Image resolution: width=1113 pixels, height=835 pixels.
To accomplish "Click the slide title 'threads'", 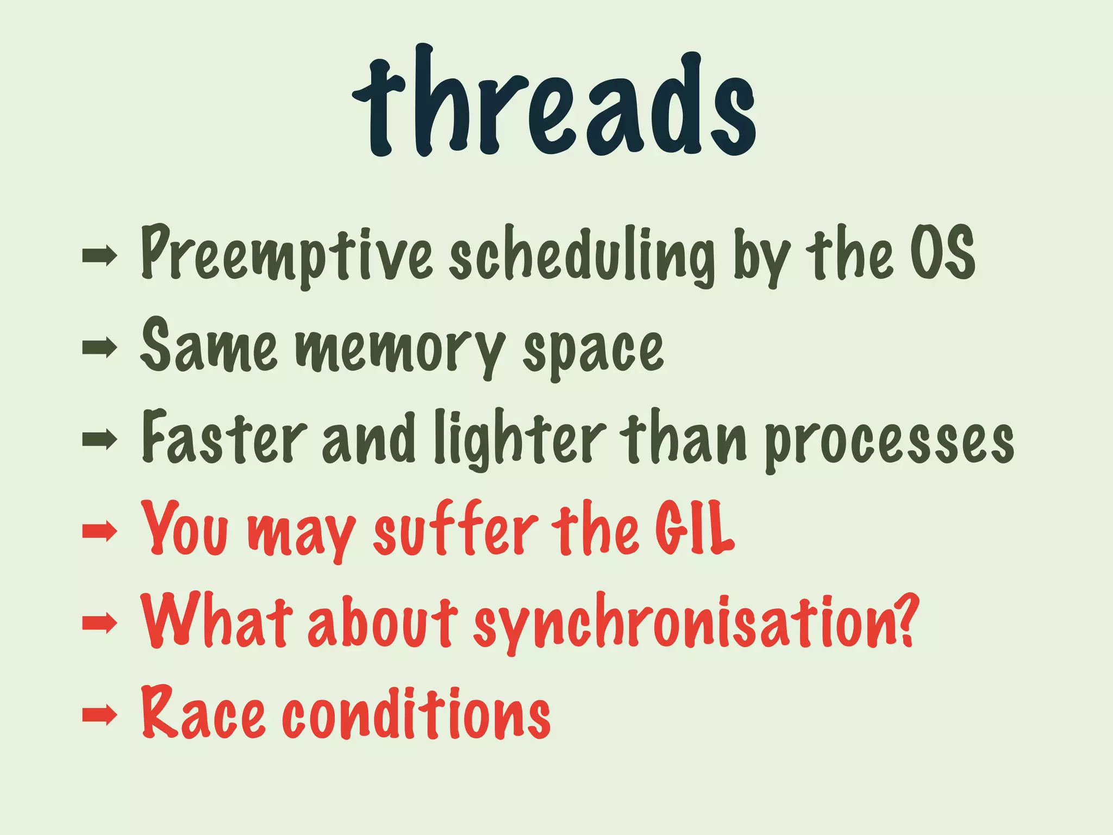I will pyautogui.click(x=554, y=103).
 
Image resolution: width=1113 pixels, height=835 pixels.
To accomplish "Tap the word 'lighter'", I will pyautogui.click(x=519, y=438).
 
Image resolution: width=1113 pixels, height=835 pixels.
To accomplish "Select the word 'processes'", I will pyautogui.click(x=889, y=440).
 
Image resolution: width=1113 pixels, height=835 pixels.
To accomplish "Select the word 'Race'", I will pyautogui.click(x=203, y=712).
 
